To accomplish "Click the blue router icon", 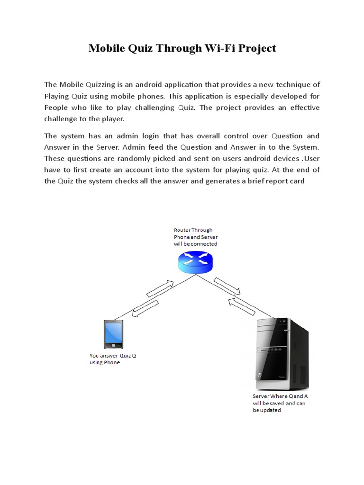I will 196,261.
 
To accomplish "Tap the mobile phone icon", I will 113,334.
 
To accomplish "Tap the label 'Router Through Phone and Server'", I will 195,237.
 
